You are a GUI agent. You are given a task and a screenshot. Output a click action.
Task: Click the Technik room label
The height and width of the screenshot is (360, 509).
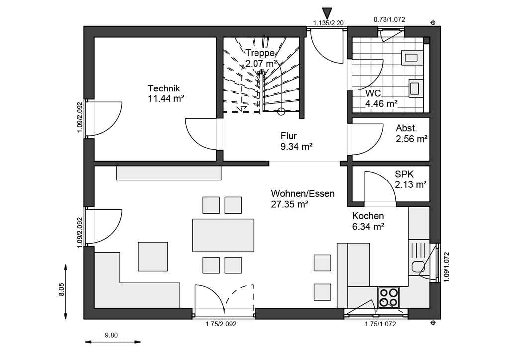click(x=164, y=89)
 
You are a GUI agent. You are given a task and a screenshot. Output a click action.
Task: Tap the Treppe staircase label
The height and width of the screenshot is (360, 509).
click(x=260, y=53)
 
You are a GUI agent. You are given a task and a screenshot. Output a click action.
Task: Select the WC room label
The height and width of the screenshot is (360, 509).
click(x=373, y=93)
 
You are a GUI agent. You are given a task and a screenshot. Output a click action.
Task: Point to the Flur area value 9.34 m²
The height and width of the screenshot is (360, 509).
click(x=296, y=146)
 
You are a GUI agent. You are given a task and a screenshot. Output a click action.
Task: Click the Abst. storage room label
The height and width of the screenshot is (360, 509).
click(x=406, y=128)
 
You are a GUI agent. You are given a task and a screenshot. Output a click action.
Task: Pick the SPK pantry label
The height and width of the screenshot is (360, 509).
click(x=404, y=174)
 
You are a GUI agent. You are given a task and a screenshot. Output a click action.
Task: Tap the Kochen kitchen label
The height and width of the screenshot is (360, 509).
click(x=368, y=216)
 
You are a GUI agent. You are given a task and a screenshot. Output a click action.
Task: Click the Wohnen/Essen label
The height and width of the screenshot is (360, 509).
click(x=303, y=194)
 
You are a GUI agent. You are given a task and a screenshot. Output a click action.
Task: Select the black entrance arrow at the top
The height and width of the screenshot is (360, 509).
click(x=328, y=13)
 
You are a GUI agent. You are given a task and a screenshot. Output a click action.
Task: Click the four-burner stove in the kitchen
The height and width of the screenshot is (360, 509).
click(x=389, y=298)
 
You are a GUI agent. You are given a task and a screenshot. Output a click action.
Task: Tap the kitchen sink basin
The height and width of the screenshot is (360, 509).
click(x=418, y=267)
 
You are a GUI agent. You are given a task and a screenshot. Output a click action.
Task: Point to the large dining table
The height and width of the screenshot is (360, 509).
click(x=223, y=235)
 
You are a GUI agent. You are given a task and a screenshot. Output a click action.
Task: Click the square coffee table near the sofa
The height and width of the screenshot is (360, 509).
click(x=153, y=257)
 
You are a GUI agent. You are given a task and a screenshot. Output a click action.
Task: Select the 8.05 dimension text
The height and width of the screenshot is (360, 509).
click(x=61, y=289)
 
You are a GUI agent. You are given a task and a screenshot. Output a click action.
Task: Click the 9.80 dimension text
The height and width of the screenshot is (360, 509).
click(x=111, y=335)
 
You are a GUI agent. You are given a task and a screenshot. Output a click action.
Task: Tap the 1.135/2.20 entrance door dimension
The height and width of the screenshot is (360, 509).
click(x=328, y=23)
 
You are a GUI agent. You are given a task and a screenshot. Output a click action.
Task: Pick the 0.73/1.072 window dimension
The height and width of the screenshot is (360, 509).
click(x=389, y=19)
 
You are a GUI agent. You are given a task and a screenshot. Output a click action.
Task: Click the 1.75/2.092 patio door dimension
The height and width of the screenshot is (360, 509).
click(x=221, y=324)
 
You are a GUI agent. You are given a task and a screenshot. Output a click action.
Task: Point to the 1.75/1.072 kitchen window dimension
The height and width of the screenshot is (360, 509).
click(x=380, y=324)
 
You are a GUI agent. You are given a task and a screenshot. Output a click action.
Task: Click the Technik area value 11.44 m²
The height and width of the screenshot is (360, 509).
click(x=166, y=98)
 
